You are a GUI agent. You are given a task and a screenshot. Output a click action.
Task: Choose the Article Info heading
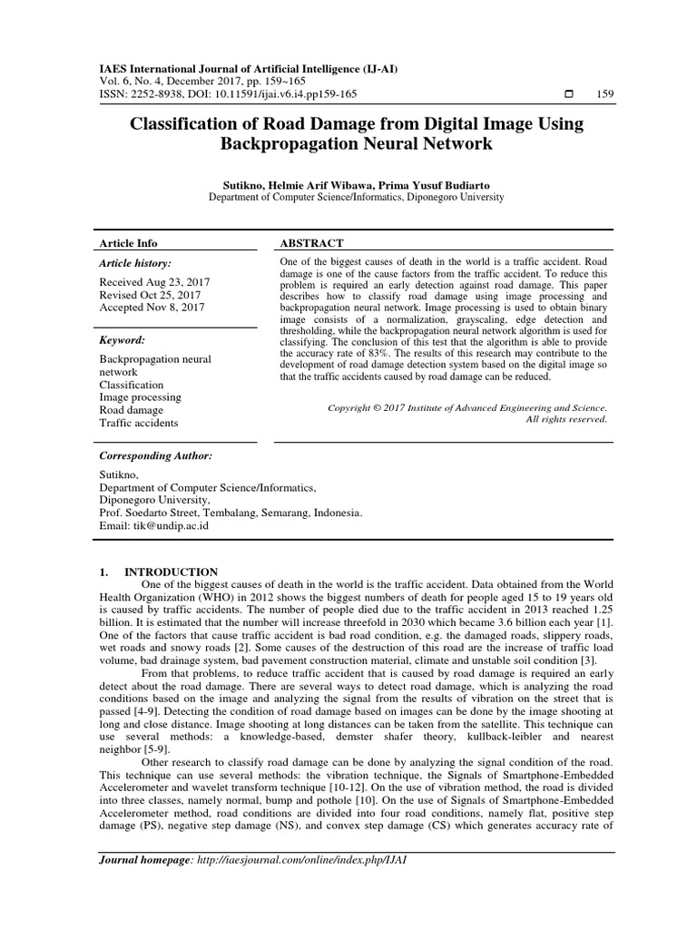tap(128, 243)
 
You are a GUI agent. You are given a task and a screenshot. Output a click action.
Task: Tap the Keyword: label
tap(122, 339)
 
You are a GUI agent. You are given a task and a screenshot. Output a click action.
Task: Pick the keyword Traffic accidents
tap(138, 423)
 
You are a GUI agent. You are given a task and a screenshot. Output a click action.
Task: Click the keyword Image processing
tap(140, 397)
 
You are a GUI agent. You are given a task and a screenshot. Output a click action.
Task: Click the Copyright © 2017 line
tap(466, 407)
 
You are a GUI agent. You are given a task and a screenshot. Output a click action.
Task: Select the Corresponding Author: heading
tap(154, 455)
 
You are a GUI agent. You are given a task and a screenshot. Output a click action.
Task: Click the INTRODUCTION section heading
tap(171, 572)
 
